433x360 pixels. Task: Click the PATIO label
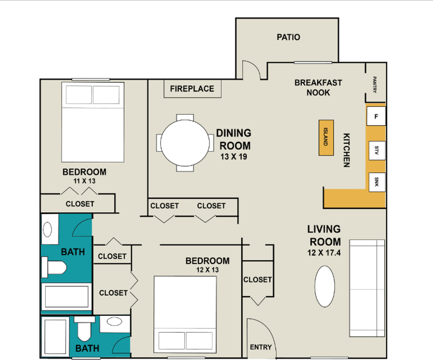(x=288, y=37)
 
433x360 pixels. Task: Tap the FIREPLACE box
(x=192, y=89)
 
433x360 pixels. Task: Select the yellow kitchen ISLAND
(x=326, y=138)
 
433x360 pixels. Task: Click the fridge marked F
(x=376, y=116)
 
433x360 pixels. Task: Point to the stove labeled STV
(x=377, y=150)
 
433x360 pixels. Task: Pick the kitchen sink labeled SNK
(x=377, y=182)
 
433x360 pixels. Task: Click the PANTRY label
(x=375, y=84)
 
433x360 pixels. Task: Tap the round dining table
(x=185, y=143)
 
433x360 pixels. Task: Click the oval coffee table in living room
(x=325, y=286)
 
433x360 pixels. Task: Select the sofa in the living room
(x=367, y=288)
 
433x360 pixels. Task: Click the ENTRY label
(x=261, y=347)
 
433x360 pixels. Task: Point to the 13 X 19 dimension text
(x=234, y=157)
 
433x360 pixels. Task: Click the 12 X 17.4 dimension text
(x=324, y=252)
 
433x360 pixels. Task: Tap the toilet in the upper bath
(x=54, y=267)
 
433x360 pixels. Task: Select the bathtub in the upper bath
(x=67, y=297)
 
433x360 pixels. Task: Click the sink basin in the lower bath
(x=114, y=321)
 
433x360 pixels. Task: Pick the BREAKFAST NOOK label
(x=318, y=88)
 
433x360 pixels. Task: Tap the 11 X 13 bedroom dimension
(x=84, y=181)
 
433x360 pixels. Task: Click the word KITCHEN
(x=346, y=150)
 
